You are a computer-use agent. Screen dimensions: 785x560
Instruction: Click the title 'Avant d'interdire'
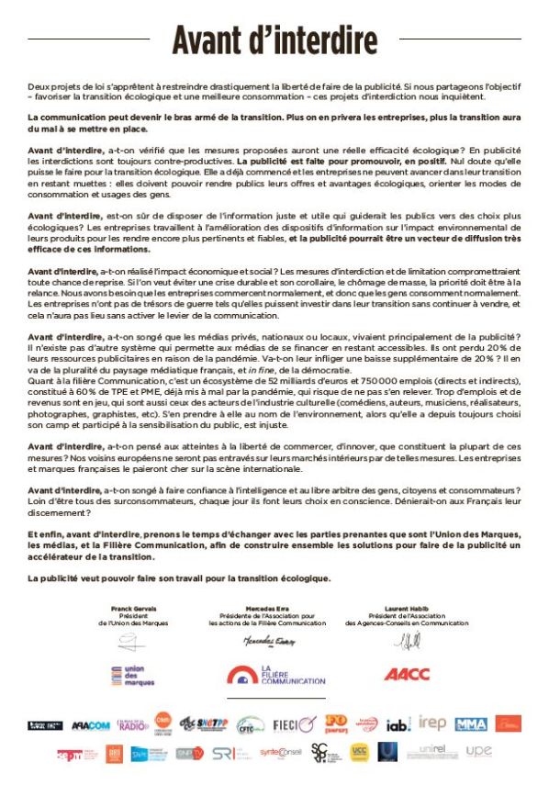[275, 41]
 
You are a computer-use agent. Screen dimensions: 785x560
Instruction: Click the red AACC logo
[407, 675]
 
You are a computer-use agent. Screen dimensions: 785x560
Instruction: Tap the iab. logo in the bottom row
[398, 724]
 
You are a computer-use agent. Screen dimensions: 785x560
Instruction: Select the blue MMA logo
[471, 724]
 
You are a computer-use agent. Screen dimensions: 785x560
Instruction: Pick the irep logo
[431, 724]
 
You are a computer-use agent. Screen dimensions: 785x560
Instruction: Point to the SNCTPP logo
[204, 724]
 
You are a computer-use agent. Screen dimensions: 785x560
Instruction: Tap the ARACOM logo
[90, 724]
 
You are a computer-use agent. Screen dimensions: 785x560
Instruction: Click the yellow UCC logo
[360, 752]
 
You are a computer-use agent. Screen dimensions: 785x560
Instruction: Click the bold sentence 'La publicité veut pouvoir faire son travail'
[179, 578]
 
